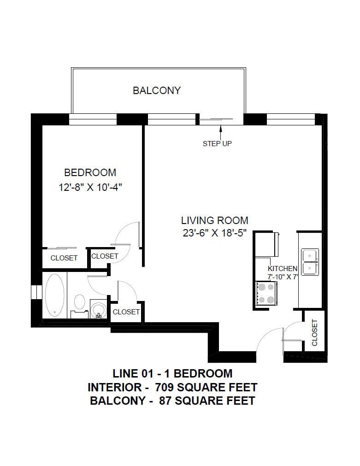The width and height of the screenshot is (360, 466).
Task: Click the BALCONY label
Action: pyautogui.click(x=157, y=90)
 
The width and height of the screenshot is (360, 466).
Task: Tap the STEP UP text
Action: pyautogui.click(x=217, y=143)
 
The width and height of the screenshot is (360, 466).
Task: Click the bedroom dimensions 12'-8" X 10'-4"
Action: pyautogui.click(x=90, y=187)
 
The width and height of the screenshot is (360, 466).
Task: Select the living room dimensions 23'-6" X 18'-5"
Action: pyautogui.click(x=215, y=233)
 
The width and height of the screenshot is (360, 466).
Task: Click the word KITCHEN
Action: pyautogui.click(x=283, y=268)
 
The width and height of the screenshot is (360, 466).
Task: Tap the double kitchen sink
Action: pyautogui.click(x=310, y=262)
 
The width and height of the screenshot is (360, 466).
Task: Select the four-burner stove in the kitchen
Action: pyautogui.click(x=266, y=293)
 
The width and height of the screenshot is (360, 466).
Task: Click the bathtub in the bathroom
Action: pyautogui.click(x=55, y=295)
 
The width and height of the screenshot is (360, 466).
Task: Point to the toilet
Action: pyautogui.click(x=79, y=306)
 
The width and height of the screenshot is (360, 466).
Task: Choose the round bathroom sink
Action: pyautogui.click(x=99, y=309)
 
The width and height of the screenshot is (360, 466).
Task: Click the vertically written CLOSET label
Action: pyautogui.click(x=314, y=332)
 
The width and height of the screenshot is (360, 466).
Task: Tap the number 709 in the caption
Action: pyautogui.click(x=165, y=387)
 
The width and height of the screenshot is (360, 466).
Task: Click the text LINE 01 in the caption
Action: pyautogui.click(x=131, y=373)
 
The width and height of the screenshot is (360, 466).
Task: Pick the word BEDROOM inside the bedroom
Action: pyautogui.click(x=90, y=172)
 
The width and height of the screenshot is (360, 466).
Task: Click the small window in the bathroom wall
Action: pyautogui.click(x=37, y=292)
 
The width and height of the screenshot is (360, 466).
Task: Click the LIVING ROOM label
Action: pyautogui.click(x=215, y=220)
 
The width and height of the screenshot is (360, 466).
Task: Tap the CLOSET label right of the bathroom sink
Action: pyautogui.click(x=126, y=312)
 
